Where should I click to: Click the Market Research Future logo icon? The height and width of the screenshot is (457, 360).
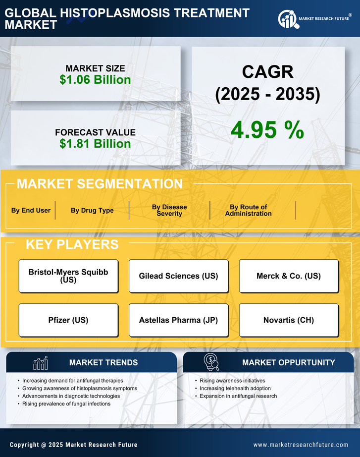(x=288, y=19)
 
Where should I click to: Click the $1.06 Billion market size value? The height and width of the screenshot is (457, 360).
(x=95, y=80)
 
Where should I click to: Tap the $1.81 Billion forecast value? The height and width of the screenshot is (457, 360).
(x=95, y=144)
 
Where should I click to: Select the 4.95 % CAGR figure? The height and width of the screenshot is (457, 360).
(x=267, y=130)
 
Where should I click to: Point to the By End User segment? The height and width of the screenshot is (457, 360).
(x=31, y=210)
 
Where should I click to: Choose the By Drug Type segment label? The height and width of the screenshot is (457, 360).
(x=92, y=210)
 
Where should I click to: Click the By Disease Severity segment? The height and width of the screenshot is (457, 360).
(x=169, y=210)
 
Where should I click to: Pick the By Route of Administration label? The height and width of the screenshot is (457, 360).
(x=248, y=210)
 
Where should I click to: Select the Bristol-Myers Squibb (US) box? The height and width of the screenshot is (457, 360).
(x=68, y=276)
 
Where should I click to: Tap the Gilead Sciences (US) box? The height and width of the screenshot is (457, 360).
(x=178, y=276)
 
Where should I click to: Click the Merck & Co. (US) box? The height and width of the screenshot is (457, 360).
(x=289, y=276)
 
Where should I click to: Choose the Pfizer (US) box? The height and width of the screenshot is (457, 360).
(x=68, y=320)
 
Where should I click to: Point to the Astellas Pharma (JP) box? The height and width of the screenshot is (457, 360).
(x=178, y=320)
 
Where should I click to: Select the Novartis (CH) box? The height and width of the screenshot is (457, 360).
(x=289, y=320)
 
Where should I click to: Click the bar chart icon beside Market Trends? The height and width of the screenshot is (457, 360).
(x=40, y=363)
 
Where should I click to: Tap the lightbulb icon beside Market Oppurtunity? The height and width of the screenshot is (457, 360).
(x=211, y=362)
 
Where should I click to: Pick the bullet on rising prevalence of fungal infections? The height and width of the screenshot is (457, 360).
(x=66, y=404)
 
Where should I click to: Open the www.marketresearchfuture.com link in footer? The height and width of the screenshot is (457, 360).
(x=301, y=445)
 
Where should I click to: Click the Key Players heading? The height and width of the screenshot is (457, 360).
(x=72, y=244)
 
